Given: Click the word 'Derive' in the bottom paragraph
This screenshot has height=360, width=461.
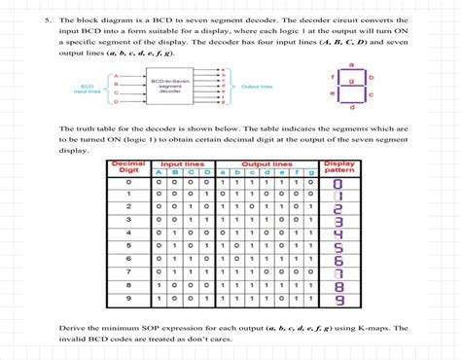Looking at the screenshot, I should [73, 328].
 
